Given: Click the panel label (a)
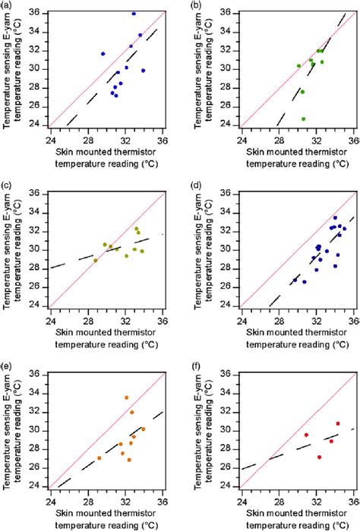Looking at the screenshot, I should [6, 6].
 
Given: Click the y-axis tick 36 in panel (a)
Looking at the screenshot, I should [40, 13].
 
